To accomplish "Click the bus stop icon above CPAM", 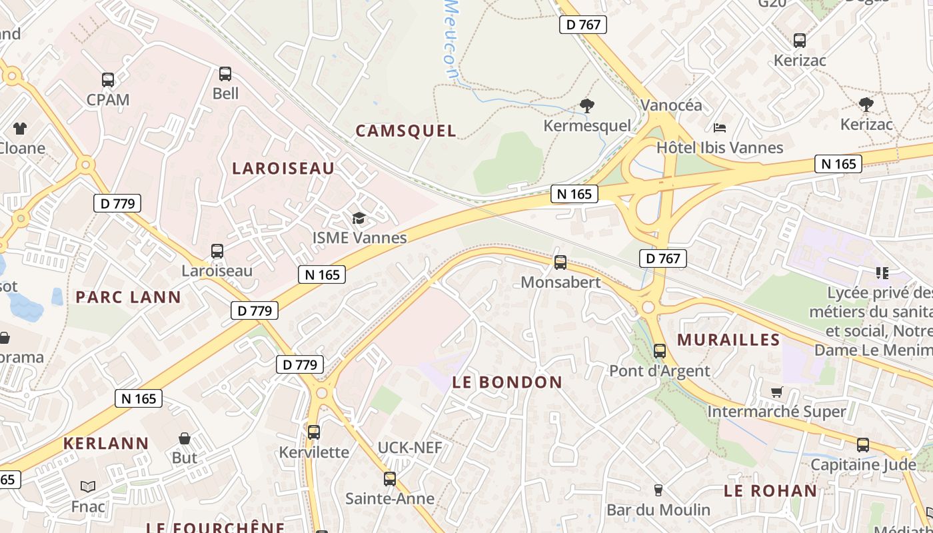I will pyautogui.click(x=108, y=80).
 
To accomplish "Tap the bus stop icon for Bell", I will pyautogui.click(x=225, y=74).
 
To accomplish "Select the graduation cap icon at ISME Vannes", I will pyautogui.click(x=359, y=219).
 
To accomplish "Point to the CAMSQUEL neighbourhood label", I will pyautogui.click(x=406, y=131).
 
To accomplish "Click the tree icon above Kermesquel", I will pyautogui.click(x=586, y=105).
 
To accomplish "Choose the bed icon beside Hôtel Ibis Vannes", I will pyautogui.click(x=719, y=127).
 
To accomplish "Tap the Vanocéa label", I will pyautogui.click(x=671, y=105).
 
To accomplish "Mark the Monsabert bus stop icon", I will pyautogui.click(x=560, y=263).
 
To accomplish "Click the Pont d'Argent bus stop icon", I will pyautogui.click(x=660, y=351).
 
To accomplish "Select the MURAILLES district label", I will pyautogui.click(x=728, y=340).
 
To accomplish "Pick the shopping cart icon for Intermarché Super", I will pyautogui.click(x=776, y=392).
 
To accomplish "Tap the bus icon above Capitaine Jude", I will pyautogui.click(x=863, y=445).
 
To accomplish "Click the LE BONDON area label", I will pyautogui.click(x=507, y=382).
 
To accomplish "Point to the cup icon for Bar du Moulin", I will pyautogui.click(x=658, y=490).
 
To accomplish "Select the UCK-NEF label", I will pyautogui.click(x=410, y=448).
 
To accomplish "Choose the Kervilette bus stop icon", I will pyautogui.click(x=314, y=432).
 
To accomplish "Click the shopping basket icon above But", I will pyautogui.click(x=185, y=438).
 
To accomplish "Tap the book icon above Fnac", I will pyautogui.click(x=88, y=487).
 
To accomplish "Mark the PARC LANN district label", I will pyautogui.click(x=128, y=297).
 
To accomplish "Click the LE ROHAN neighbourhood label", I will pyautogui.click(x=770, y=491).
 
